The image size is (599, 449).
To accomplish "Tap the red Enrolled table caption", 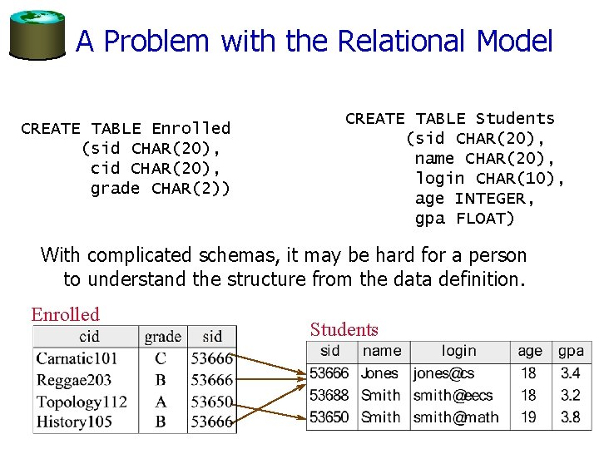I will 65,314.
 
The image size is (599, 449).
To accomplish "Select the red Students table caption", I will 344,329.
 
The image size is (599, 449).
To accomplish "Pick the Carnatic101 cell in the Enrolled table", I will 77,358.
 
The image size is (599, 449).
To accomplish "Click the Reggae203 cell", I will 73,380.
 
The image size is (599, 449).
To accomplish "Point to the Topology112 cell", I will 82,402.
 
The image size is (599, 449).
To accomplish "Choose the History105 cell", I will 73,422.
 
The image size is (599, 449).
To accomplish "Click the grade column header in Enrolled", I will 162,336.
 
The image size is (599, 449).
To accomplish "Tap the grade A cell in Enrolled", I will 161,402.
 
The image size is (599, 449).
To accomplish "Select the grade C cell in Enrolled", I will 161,358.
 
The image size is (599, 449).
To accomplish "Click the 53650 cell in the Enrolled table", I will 210,402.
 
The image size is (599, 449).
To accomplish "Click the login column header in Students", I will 458,351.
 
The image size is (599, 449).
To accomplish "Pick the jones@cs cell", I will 443,373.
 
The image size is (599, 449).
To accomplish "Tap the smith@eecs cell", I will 453,395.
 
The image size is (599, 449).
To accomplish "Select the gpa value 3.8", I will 570,417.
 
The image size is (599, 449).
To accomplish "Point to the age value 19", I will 528,417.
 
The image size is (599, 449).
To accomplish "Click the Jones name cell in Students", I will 379,373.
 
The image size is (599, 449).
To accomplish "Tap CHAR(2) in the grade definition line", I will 191,189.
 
